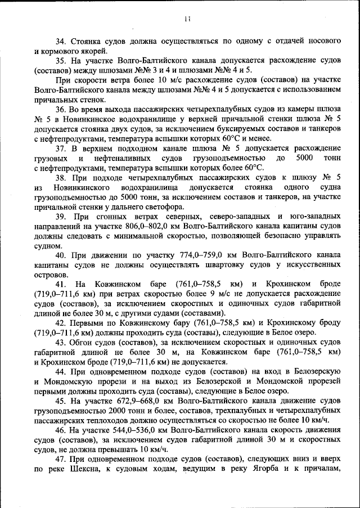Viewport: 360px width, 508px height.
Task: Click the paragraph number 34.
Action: (61, 42)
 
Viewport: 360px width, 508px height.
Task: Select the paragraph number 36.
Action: (61, 109)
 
